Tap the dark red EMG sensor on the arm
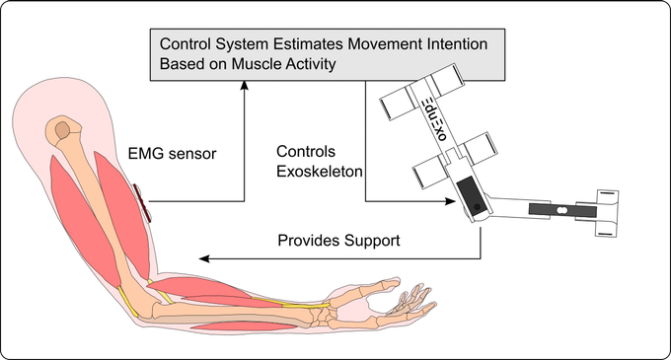(144, 202)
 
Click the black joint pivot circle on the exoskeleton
(476, 207)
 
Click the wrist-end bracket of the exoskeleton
(605, 210)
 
